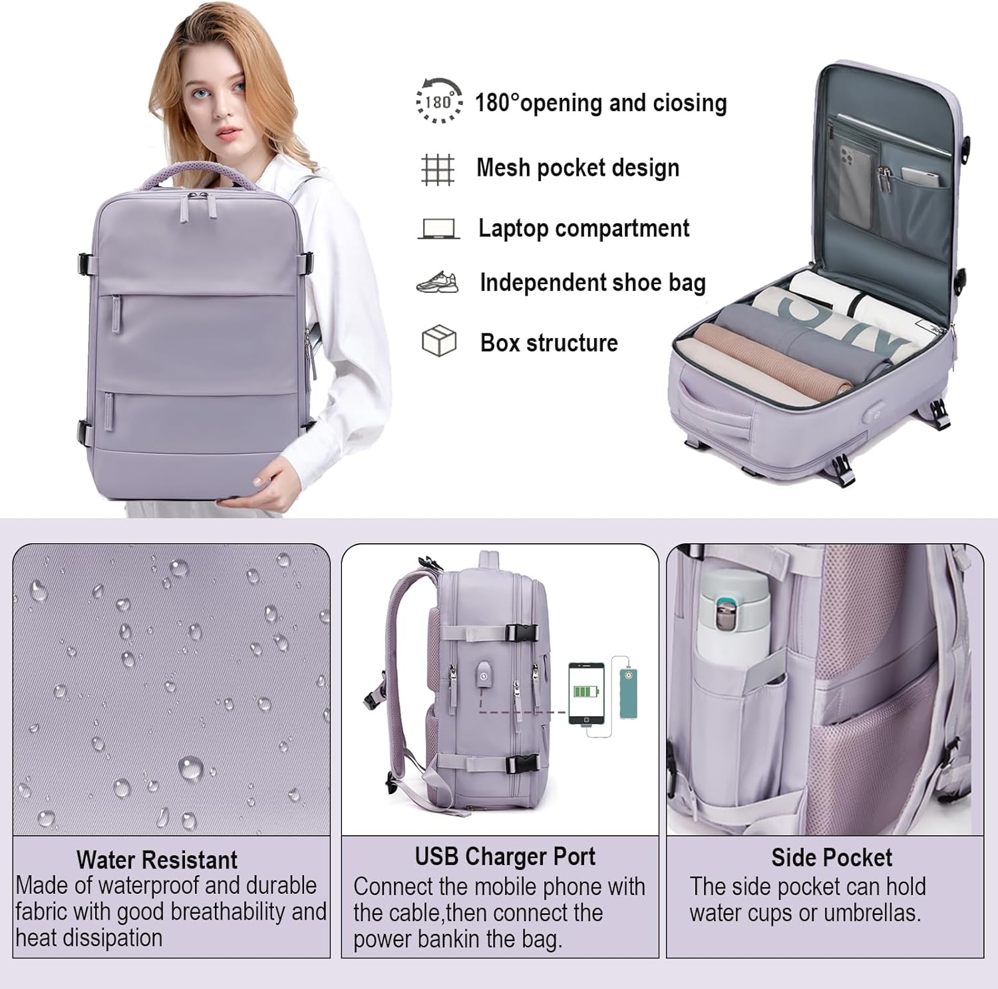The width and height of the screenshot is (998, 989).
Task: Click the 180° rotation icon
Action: (438, 101)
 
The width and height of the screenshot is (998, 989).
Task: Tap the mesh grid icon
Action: (438, 168)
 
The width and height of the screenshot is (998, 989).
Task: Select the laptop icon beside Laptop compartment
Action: (438, 229)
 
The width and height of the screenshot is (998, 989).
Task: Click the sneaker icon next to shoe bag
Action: (438, 283)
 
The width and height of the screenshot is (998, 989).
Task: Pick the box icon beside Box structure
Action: (439, 341)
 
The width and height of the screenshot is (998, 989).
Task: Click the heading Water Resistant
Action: (157, 860)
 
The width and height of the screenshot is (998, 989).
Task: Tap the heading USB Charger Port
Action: (505, 857)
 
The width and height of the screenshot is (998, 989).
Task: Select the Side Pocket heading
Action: (832, 857)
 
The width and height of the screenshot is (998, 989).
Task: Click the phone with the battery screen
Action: (585, 693)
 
